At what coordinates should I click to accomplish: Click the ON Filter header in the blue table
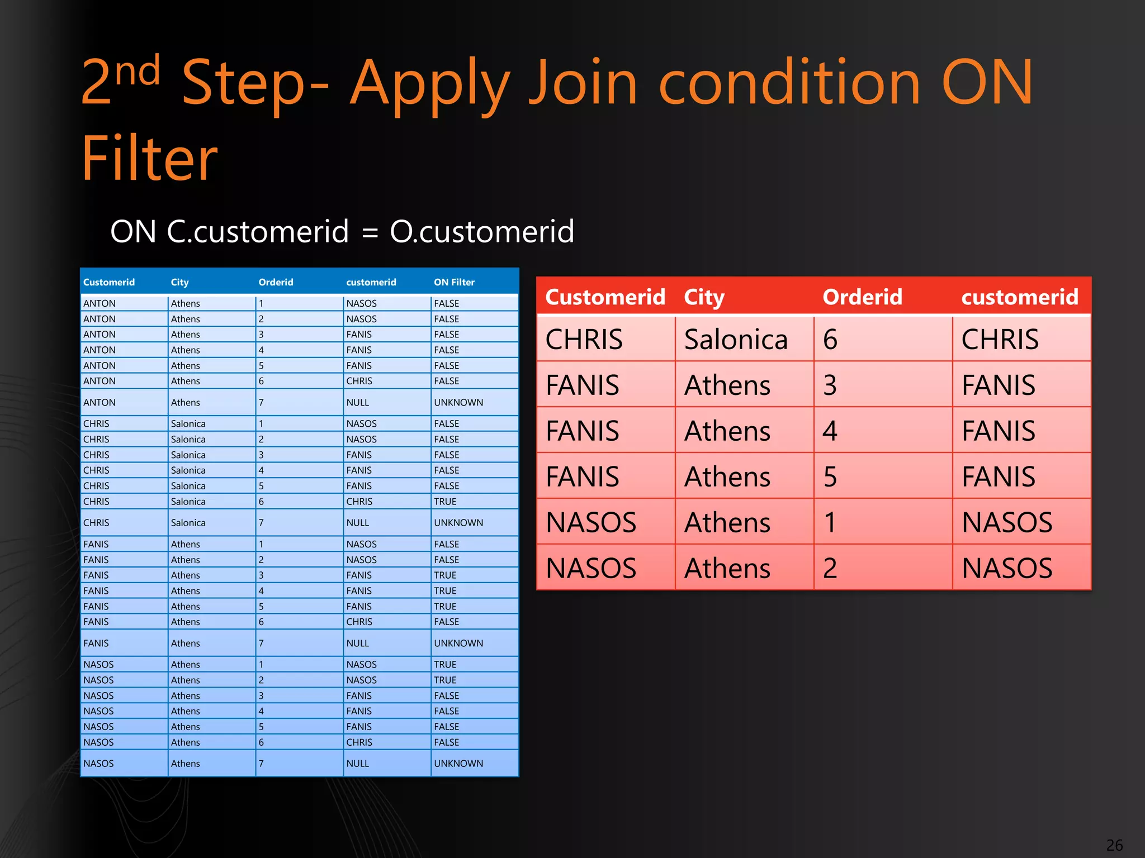[454, 282]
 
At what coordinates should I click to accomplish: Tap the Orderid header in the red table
[862, 297]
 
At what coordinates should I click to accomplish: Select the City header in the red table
[704, 297]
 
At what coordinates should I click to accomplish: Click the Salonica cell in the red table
[736, 340]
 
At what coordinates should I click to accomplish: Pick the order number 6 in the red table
[830, 340]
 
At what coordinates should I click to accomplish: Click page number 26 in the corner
[1114, 845]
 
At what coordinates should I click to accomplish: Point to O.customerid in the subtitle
[482, 231]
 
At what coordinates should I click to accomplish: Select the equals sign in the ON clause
[370, 232]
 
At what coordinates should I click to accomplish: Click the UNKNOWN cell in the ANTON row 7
[458, 402]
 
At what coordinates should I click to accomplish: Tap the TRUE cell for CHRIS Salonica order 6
[445, 502]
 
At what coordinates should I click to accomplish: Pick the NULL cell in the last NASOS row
[357, 764]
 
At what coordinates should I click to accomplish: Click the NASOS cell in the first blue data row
[361, 303]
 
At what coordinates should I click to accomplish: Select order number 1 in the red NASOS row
[830, 523]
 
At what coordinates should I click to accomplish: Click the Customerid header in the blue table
[109, 282]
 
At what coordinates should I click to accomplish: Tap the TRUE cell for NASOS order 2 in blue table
[445, 680]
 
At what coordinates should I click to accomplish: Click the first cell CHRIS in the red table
[584, 340]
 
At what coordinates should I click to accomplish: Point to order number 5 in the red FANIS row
[830, 477]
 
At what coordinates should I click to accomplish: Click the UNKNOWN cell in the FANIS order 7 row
[458, 643]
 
